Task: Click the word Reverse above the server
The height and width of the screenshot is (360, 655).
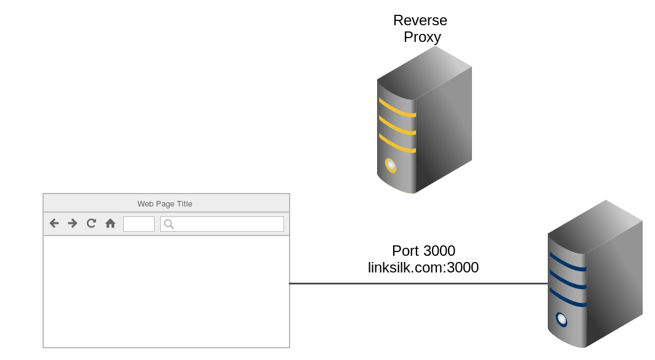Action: point(420,20)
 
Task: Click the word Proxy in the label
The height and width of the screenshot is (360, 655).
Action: point(422,37)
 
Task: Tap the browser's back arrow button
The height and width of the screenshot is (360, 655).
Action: point(54,223)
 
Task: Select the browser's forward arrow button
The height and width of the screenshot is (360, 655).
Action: point(73,223)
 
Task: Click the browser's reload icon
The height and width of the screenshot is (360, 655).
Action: point(91,223)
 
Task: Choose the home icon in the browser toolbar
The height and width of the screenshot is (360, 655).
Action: point(110,223)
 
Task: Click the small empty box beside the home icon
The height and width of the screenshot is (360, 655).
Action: point(139,224)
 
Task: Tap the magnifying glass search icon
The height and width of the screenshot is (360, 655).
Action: point(168,224)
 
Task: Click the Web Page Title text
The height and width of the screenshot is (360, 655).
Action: point(165,203)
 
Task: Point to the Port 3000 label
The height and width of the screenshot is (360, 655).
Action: point(423,251)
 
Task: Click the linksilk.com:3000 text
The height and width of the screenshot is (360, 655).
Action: point(423,268)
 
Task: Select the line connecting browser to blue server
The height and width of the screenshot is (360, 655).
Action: point(419,284)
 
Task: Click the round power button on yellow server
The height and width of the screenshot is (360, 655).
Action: point(391,165)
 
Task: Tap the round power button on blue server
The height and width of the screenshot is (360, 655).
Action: point(561,319)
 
